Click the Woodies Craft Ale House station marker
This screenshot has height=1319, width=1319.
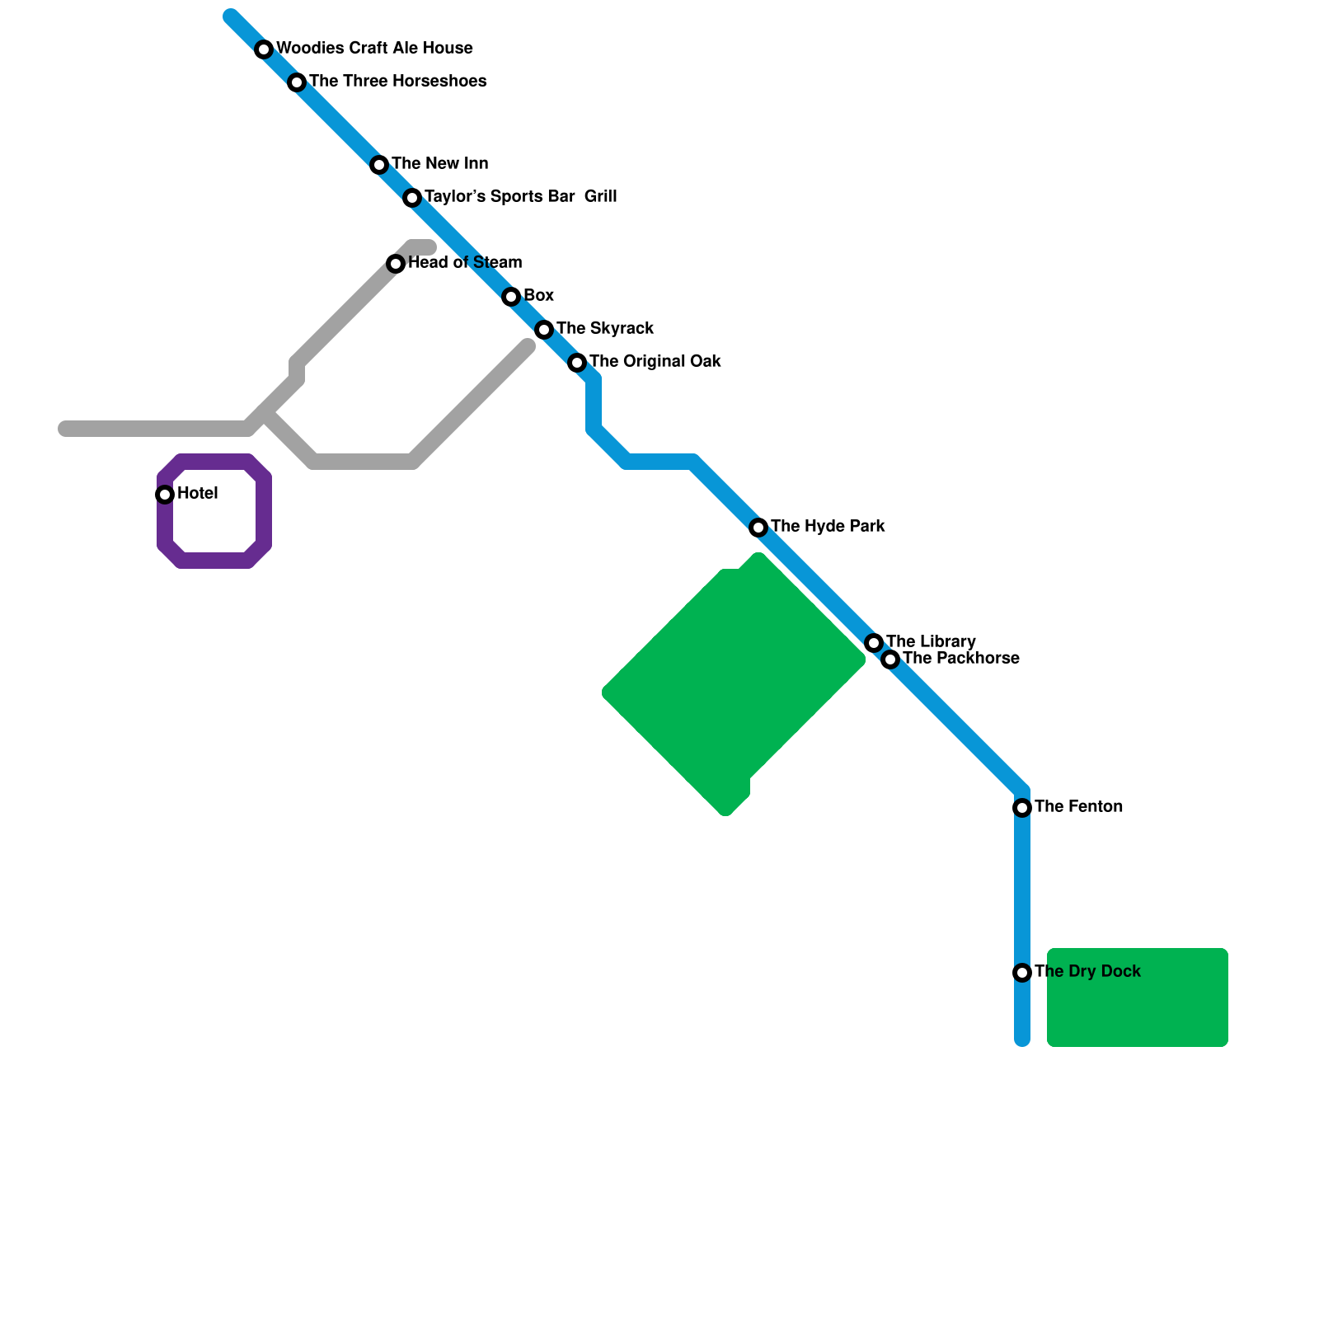pos(264,49)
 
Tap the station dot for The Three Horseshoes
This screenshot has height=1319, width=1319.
pos(297,82)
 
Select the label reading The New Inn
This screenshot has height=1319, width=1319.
pos(439,163)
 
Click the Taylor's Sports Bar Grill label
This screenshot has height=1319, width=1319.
pos(520,196)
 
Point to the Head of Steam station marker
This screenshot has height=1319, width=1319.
pos(396,264)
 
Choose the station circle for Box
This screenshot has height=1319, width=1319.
pos(511,297)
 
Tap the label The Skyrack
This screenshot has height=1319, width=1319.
pos(604,328)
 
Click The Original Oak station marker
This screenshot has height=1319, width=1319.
pos(577,363)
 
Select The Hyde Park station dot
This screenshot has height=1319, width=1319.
pos(758,528)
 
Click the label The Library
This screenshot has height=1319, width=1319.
pos(931,641)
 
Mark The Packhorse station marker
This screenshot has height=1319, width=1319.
pos(890,659)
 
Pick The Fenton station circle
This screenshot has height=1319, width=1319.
pos(1022,808)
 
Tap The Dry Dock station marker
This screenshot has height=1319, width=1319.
pos(1022,973)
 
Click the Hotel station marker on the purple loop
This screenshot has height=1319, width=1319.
pos(165,495)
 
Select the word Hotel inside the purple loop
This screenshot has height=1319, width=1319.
pos(197,493)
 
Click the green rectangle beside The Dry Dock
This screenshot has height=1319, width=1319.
pos(1138,997)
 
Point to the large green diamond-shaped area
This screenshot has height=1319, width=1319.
pos(734,684)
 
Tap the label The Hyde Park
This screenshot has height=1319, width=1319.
pos(828,526)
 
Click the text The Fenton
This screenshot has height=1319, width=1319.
pos(1078,806)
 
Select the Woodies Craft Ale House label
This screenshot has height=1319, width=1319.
pos(374,48)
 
